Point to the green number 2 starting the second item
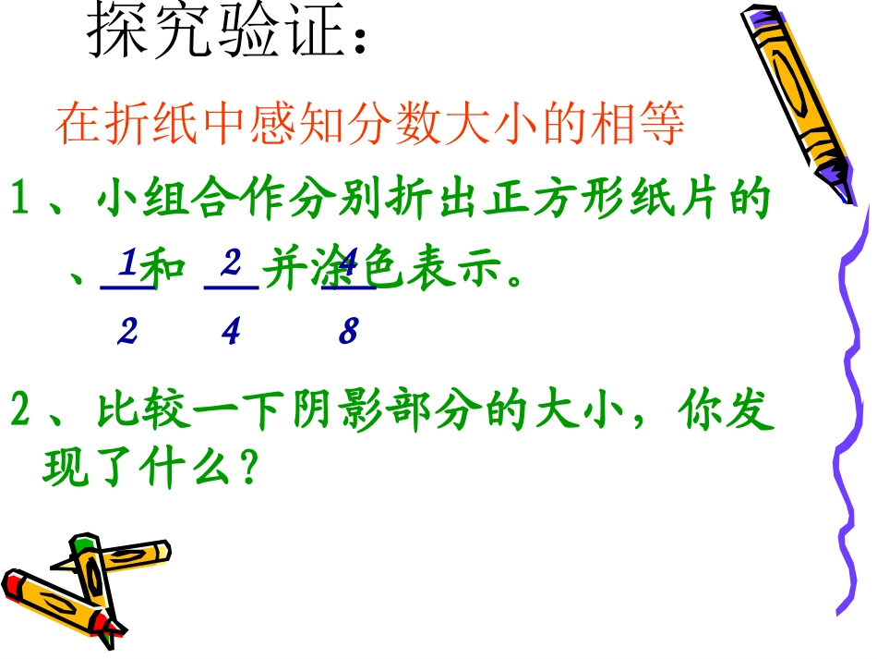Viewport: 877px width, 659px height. [x=20, y=411]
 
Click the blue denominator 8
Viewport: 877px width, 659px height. [x=347, y=331]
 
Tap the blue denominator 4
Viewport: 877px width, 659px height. [x=231, y=331]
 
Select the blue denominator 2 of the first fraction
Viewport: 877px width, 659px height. [x=126, y=331]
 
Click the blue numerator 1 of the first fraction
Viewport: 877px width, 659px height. [x=127, y=266]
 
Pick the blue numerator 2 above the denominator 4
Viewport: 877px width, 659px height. [x=231, y=264]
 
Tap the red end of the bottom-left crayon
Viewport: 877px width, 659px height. [x=13, y=585]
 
